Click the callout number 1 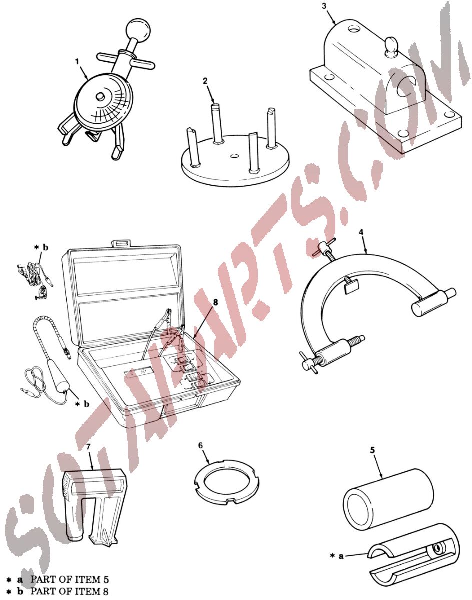[x=77, y=61]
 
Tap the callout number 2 [x=205, y=81]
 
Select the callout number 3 [x=324, y=6]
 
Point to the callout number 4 [x=361, y=232]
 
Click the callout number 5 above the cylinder [x=372, y=450]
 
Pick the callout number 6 [x=200, y=445]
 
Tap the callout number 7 [x=88, y=447]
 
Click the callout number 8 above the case [x=216, y=302]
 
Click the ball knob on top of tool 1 [x=138, y=30]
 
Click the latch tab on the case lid [x=121, y=244]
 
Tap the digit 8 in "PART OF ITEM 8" [x=105, y=591]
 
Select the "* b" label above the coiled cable [x=41, y=247]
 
